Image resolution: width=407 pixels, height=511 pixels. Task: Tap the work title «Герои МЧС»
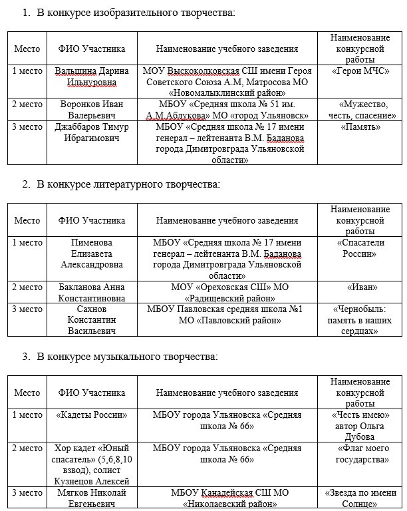[x=360, y=71]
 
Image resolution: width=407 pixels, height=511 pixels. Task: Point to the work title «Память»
[x=360, y=126]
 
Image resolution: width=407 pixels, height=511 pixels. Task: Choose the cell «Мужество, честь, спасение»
[x=360, y=109]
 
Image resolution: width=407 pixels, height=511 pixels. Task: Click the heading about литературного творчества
[x=128, y=184]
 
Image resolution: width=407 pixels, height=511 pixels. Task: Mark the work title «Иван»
[x=360, y=287]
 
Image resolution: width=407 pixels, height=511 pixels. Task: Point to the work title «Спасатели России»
[x=360, y=248]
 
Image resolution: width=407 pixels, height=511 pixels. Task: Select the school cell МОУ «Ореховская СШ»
[x=227, y=292]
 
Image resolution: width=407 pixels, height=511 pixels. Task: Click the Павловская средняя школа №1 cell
[x=227, y=314]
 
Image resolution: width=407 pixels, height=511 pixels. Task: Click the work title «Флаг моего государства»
[x=360, y=454]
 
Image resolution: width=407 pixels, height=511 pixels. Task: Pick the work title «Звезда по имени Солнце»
[x=360, y=498]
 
